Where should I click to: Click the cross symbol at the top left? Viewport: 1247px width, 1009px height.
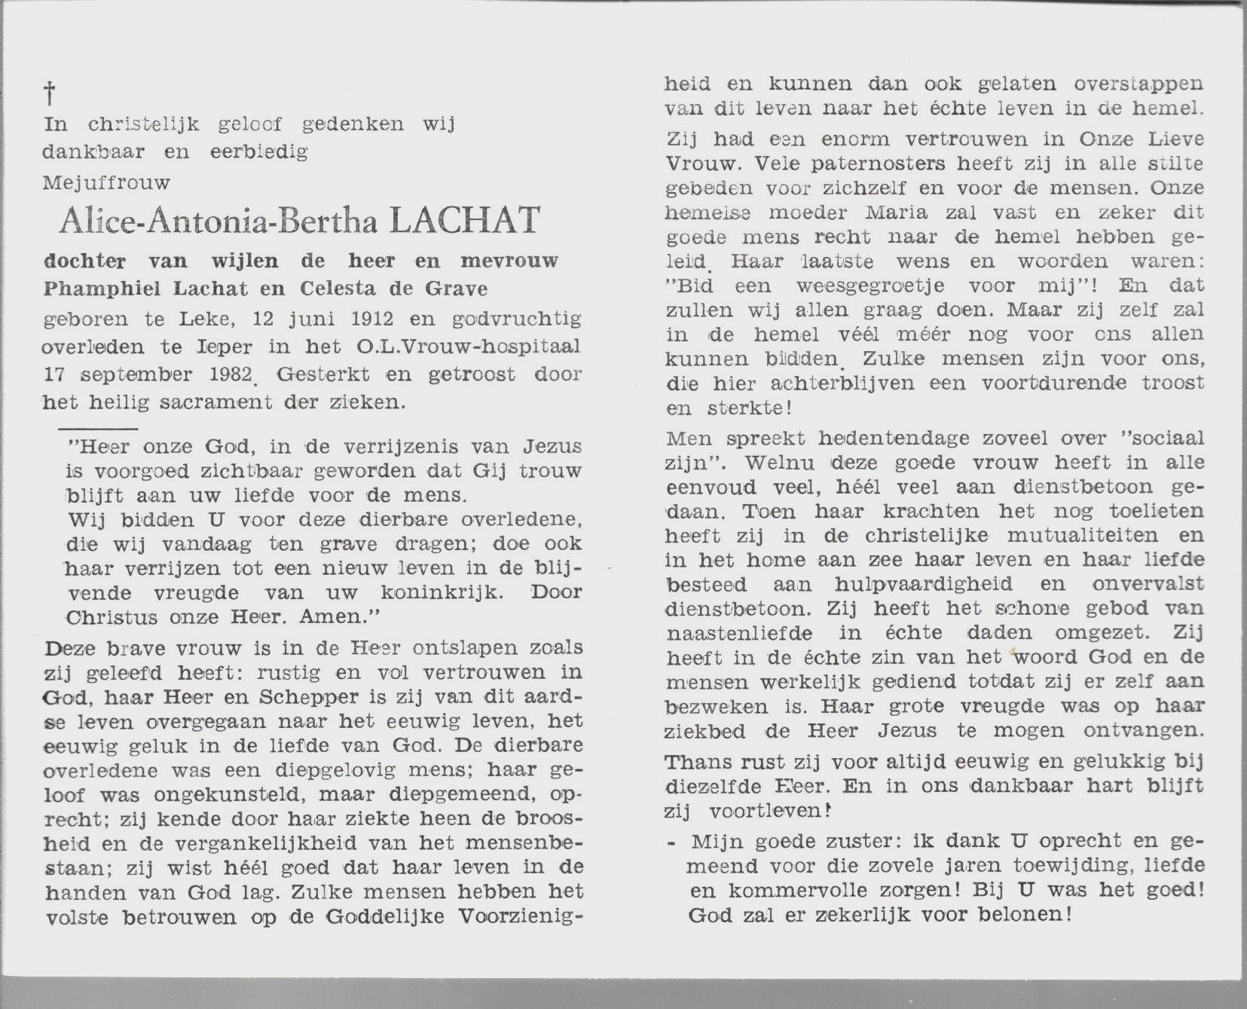tap(50, 94)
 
